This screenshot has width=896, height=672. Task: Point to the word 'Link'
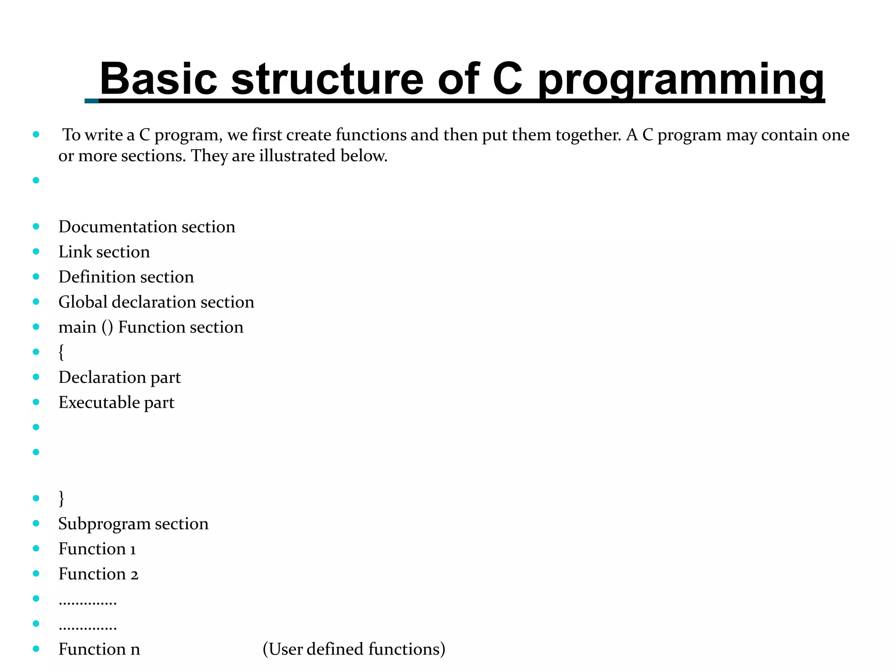coord(75,252)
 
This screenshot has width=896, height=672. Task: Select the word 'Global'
coord(83,302)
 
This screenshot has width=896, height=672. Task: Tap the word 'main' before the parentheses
coord(77,327)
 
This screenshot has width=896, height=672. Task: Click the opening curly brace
coord(61,352)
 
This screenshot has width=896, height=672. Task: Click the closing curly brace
coord(61,498)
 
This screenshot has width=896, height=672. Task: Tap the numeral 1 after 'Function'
coord(133,549)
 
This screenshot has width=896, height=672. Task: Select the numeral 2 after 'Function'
coord(134,574)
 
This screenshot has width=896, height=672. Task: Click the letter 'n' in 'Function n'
coord(135,650)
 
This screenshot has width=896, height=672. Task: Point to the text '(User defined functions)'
coord(354,649)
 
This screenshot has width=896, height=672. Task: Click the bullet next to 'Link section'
coord(36,252)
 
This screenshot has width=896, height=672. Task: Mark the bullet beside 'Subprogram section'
coord(36,523)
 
